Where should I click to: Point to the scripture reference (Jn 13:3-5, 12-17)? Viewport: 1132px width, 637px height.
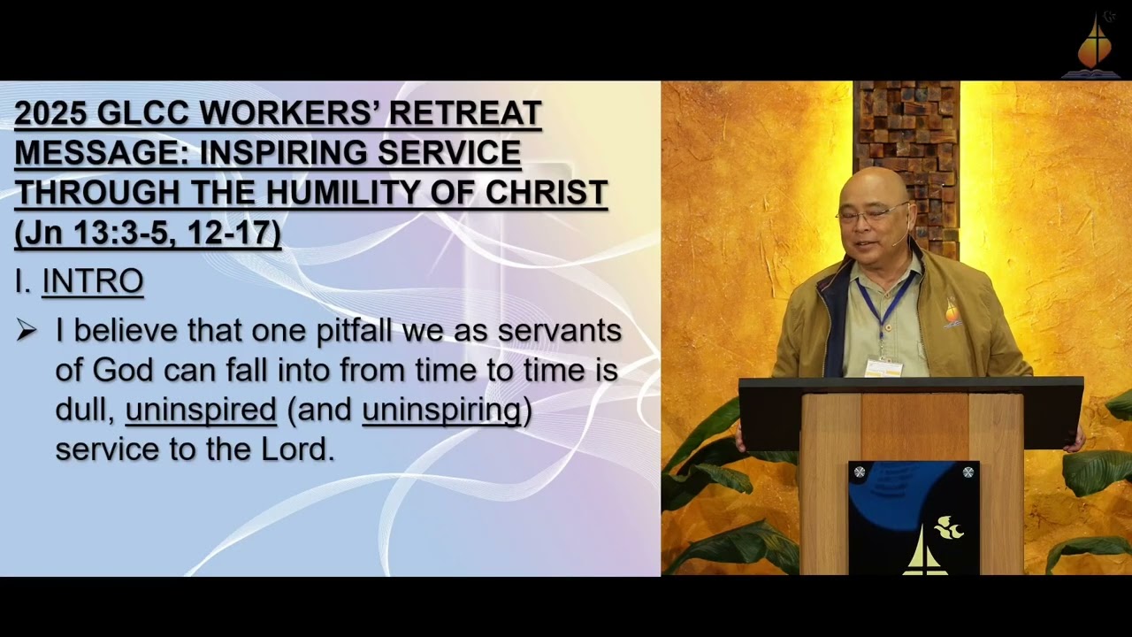[x=148, y=233]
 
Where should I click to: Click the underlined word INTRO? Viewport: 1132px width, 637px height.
[x=93, y=281]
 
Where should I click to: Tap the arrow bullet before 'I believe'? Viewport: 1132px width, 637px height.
[x=27, y=331]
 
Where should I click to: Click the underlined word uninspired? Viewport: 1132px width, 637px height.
[x=201, y=410]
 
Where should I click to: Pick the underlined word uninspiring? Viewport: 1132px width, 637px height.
[x=441, y=410]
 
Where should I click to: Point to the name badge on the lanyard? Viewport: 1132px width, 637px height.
[x=883, y=367]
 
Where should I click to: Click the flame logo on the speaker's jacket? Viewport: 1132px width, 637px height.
[x=952, y=313]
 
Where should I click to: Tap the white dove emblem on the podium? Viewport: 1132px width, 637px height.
[x=948, y=528]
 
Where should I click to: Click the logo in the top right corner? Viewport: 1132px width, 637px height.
[x=1095, y=44]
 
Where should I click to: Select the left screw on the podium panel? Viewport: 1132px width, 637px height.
[x=859, y=472]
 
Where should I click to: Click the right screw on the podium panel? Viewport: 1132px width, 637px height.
[x=968, y=472]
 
